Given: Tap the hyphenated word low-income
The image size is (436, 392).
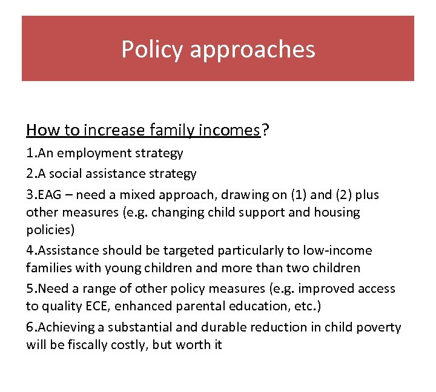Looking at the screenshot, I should pos(339,250).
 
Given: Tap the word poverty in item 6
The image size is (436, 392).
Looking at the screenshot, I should pos(378,327).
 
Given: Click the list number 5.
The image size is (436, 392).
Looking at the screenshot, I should pos(30,289).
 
